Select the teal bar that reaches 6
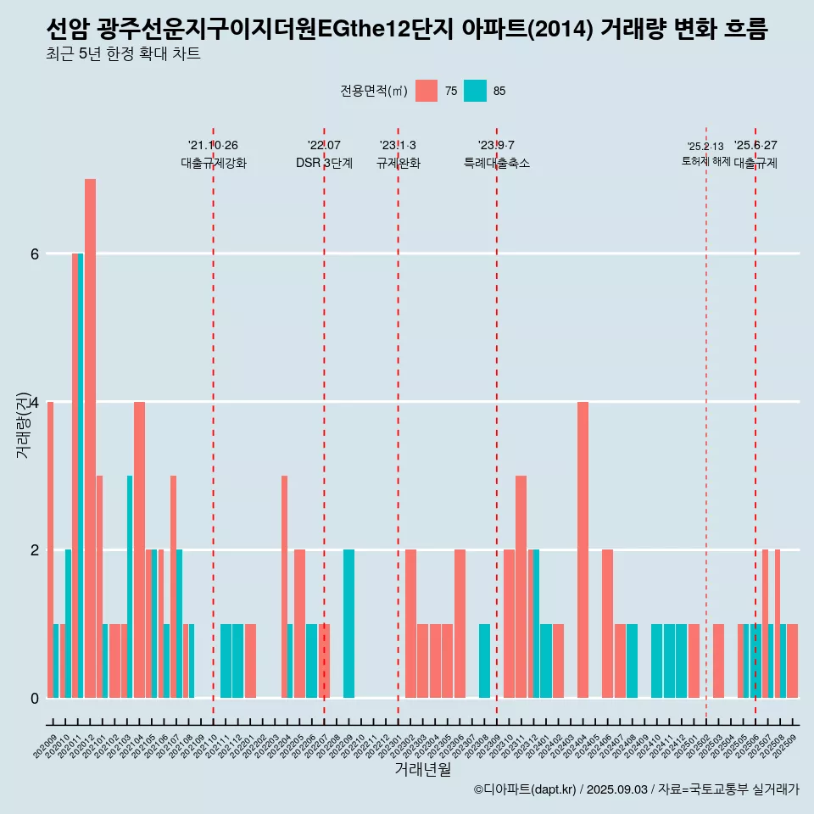tap(81, 475)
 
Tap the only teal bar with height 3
tap(130, 586)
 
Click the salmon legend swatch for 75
tap(427, 91)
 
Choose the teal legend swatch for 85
tap(475, 91)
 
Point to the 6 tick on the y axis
tap(34, 254)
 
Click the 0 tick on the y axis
tap(34, 698)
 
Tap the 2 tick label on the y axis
tap(34, 549)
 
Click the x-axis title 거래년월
tap(422, 769)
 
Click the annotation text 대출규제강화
tap(214, 164)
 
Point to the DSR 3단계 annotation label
tap(324, 164)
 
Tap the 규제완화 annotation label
tap(398, 164)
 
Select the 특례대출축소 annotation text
tap(496, 164)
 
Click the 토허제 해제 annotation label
tap(705, 161)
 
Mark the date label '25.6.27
tap(755, 146)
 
